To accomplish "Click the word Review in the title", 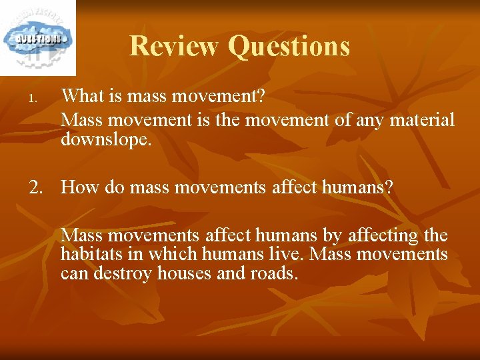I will pos(174,46).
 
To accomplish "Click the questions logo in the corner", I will pos(37,37).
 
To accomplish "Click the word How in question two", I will pos(80,188).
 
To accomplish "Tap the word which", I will pos(173,255).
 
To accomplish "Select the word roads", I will pos(272,274).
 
